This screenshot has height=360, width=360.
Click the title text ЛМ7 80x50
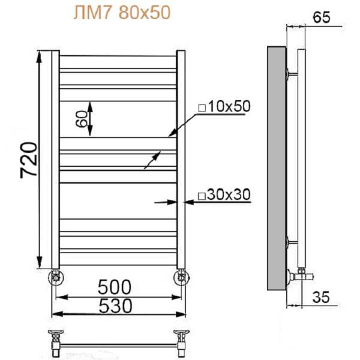(121, 13)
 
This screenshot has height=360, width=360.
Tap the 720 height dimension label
(29, 160)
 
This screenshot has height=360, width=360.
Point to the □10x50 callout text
(223, 107)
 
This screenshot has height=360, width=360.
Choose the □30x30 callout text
(223, 195)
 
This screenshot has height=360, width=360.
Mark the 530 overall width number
(115, 305)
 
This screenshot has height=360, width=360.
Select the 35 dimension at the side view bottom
(322, 296)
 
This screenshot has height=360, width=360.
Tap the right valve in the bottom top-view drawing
(181, 336)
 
